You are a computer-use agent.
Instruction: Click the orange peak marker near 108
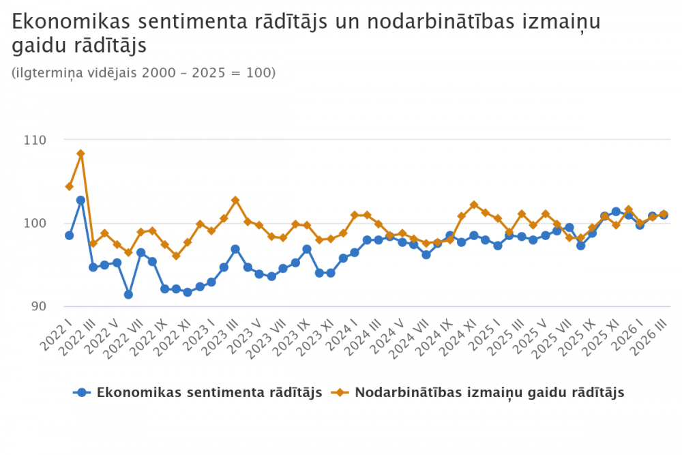(x=80, y=153)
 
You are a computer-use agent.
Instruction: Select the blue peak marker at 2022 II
(x=80, y=200)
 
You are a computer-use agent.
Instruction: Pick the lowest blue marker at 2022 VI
(x=128, y=295)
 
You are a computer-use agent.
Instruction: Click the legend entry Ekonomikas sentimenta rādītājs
(x=209, y=392)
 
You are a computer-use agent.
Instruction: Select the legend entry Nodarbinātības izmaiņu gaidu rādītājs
(x=489, y=392)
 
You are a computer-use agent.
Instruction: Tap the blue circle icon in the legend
(x=83, y=392)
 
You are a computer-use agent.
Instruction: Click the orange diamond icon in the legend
(x=339, y=392)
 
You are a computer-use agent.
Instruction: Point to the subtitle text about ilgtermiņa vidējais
(x=144, y=72)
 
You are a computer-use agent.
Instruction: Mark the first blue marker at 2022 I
(x=69, y=235)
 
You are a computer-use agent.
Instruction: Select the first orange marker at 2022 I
(x=69, y=186)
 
